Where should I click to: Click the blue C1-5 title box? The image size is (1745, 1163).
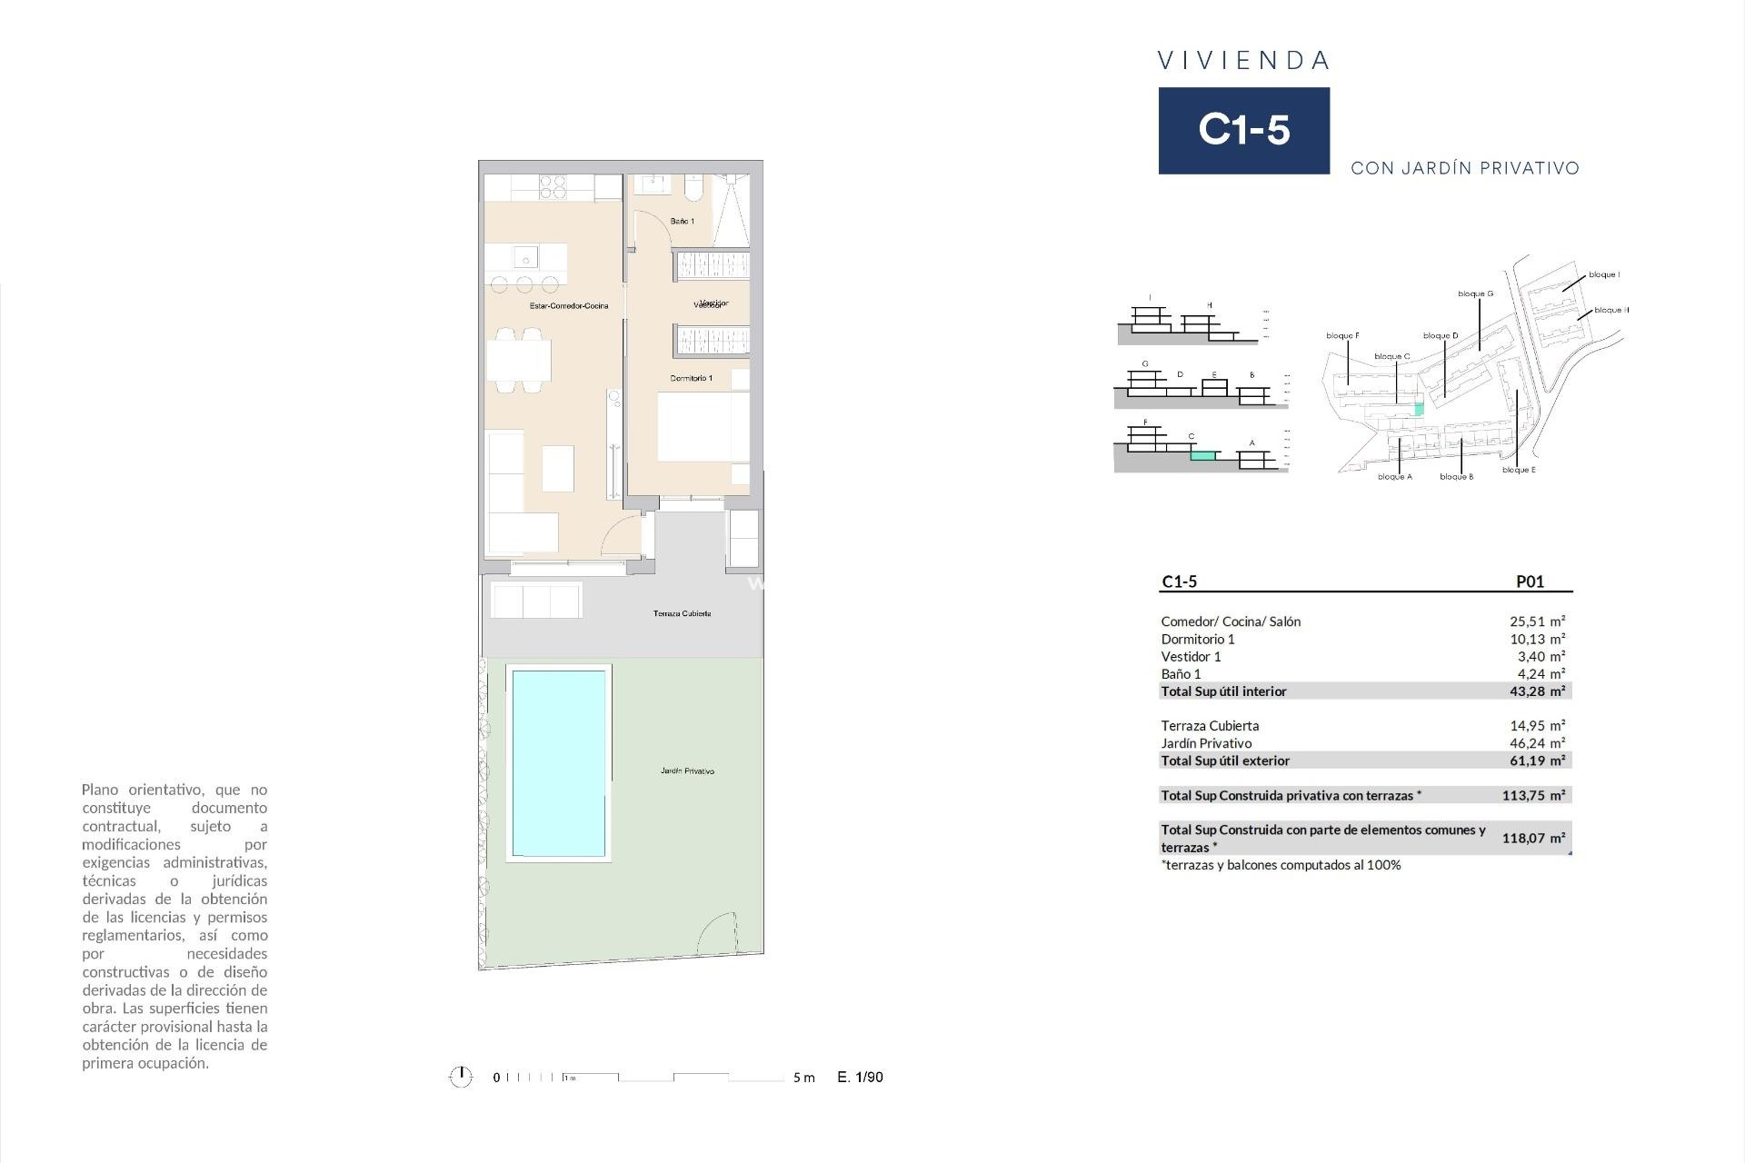[1243, 130]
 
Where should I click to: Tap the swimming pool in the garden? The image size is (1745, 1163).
[558, 763]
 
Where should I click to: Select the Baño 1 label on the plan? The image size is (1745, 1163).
[682, 222]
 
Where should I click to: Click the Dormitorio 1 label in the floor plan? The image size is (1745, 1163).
[691, 378]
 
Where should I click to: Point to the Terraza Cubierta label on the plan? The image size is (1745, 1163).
[682, 614]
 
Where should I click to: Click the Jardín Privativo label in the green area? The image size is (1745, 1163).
[687, 771]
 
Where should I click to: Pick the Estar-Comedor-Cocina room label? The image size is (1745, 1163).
[569, 306]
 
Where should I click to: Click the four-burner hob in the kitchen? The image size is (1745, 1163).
[553, 187]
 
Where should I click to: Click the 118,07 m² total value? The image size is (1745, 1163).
[1533, 838]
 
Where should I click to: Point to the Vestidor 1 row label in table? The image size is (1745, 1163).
[1191, 656]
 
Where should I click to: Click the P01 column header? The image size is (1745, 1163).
[1530, 582]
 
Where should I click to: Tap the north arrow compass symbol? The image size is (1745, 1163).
[461, 1078]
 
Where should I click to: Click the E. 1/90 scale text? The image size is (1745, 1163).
[860, 1078]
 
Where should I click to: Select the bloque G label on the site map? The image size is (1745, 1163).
[1475, 293]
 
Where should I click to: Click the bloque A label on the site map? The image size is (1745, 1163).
[1394, 477]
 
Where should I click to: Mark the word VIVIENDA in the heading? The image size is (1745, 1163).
[1243, 61]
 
